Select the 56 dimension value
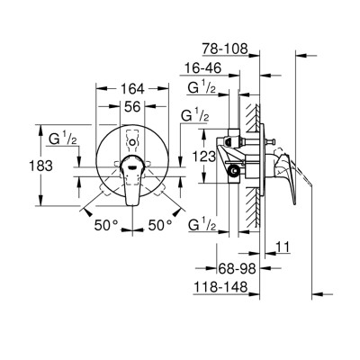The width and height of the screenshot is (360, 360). pyautogui.click(x=131, y=105)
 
